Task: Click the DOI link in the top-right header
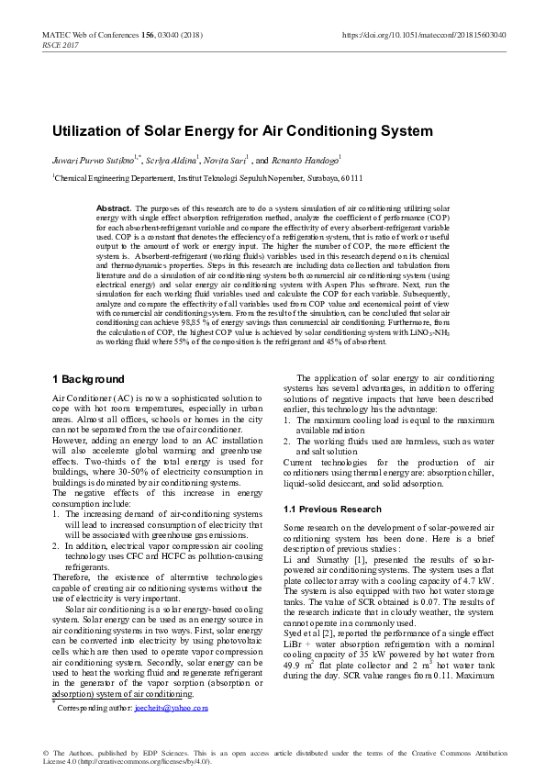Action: tap(424, 35)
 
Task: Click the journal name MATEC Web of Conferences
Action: tap(91, 35)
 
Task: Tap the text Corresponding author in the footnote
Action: tap(95, 709)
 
